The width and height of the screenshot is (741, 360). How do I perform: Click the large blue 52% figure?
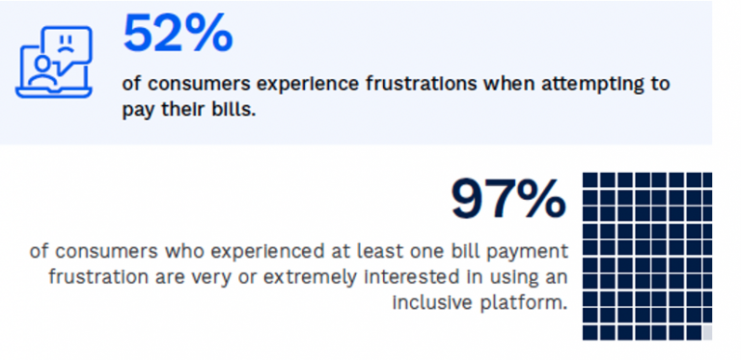[178, 34]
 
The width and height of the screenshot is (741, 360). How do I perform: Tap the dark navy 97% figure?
[508, 199]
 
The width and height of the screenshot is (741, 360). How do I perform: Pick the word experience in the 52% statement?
[273, 83]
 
